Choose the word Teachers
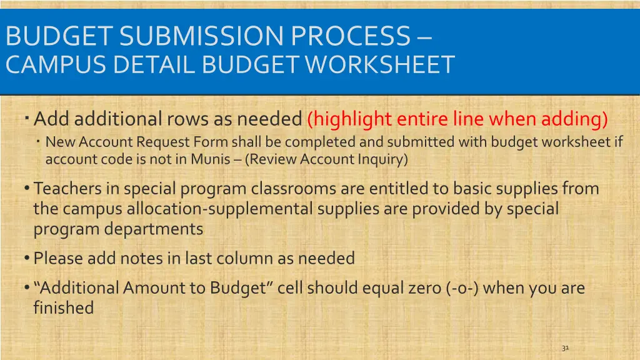[x=68, y=188]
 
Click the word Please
[x=58, y=258]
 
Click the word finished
[x=63, y=308]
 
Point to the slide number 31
[x=565, y=348]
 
